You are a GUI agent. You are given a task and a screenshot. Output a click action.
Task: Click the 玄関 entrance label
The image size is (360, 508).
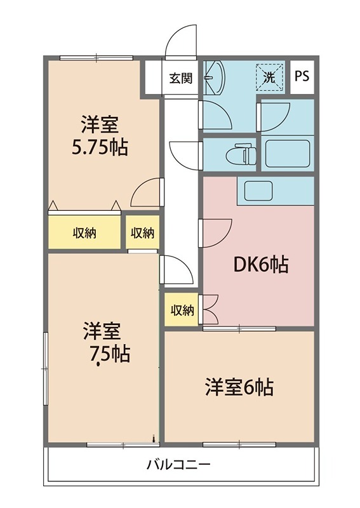[x=181, y=78]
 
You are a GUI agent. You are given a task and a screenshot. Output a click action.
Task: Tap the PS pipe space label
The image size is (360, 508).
[x=302, y=76]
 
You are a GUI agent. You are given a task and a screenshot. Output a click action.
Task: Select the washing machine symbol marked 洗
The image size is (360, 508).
[x=270, y=77]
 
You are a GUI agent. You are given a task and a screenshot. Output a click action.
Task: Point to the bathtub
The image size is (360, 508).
[x=288, y=153]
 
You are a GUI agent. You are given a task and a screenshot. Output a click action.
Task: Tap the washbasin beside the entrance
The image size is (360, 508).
[x=214, y=77]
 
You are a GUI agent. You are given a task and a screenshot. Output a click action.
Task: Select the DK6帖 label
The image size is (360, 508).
[x=261, y=265]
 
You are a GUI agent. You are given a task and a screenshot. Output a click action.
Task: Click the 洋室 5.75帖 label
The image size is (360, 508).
[x=100, y=136]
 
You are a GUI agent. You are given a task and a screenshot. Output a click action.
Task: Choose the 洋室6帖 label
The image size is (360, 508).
[x=239, y=387]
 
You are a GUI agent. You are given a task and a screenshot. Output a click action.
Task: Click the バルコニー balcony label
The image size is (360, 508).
[x=179, y=465]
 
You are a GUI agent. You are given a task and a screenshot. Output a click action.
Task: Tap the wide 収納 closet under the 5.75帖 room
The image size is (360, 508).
[x=84, y=232]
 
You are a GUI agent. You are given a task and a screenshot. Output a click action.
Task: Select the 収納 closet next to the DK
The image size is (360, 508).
[x=182, y=309]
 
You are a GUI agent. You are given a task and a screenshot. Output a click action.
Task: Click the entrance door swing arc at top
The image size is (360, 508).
[x=181, y=40]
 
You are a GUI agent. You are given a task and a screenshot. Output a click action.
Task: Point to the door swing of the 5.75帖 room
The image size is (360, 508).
[x=146, y=192]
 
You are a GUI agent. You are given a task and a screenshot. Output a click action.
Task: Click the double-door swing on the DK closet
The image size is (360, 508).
[x=210, y=309]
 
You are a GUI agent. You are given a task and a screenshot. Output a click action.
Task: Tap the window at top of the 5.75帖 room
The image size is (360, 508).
[x=97, y=58]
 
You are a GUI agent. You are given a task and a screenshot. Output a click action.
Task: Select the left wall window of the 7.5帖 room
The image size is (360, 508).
[x=46, y=369]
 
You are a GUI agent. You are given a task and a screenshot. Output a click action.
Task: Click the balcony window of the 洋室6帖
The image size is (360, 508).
[x=239, y=444]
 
